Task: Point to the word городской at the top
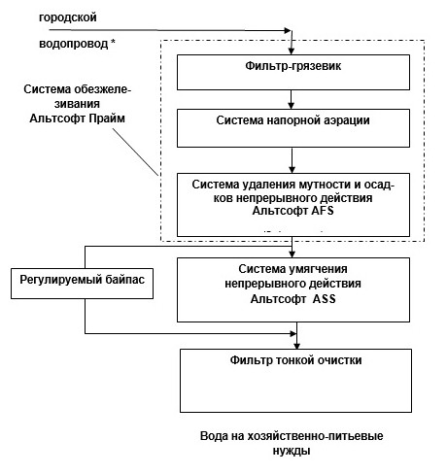click(x=66, y=18)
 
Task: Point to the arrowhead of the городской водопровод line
click(x=288, y=31)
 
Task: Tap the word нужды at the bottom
click(x=292, y=451)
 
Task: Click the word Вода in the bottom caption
click(x=213, y=436)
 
